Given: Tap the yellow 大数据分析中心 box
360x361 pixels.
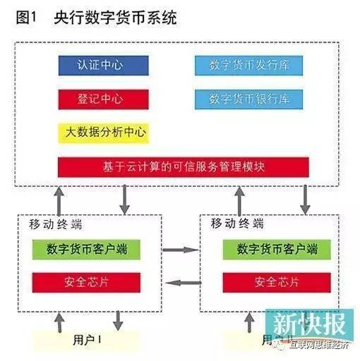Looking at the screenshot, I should coord(103,131).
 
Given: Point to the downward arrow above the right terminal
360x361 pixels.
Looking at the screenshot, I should coord(305,198).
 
